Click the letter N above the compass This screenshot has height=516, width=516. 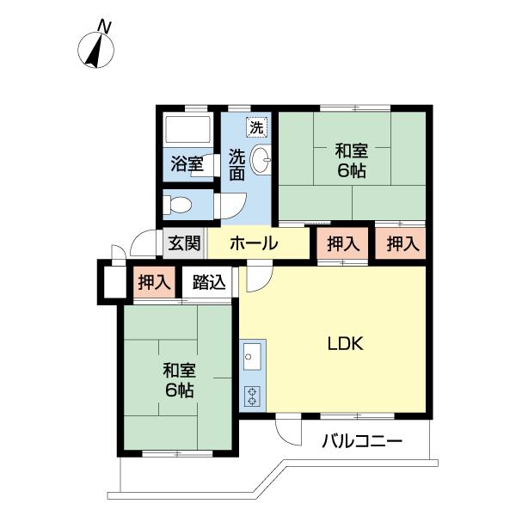[x=105, y=27]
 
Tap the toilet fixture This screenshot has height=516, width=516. [x=177, y=204]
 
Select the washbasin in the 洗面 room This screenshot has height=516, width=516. [x=261, y=160]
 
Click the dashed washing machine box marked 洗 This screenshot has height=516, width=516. [x=256, y=127]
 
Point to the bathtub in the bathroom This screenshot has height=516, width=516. [x=187, y=129]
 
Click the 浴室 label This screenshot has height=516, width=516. [x=187, y=163]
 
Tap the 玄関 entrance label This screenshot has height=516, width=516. [x=184, y=243]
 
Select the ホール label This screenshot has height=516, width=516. [x=254, y=243]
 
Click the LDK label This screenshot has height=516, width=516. [x=346, y=343]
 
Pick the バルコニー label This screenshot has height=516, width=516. [x=362, y=440]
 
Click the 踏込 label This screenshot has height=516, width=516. [x=209, y=282]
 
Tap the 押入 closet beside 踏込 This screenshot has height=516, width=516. [x=154, y=282]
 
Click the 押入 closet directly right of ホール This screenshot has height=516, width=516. [x=342, y=243]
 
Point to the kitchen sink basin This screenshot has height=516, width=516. [x=252, y=356]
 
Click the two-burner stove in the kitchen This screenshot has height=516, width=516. [x=252, y=396]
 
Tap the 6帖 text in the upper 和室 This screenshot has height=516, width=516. [x=352, y=170]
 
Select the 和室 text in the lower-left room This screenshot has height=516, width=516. [x=180, y=370]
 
